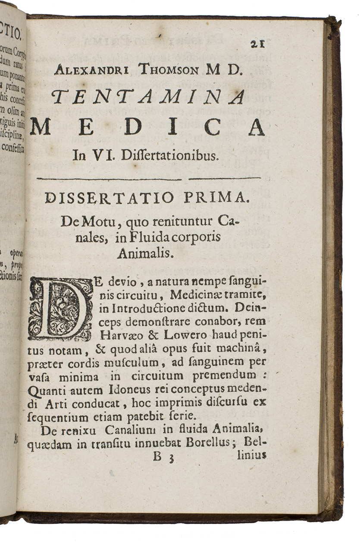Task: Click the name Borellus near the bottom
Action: (210, 442)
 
